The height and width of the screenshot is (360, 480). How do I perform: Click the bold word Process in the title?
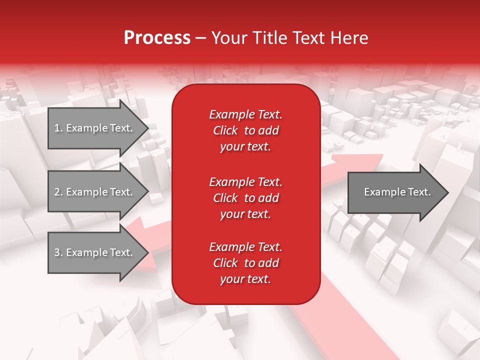[157, 38]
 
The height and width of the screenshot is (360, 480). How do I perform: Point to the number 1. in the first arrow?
[58, 128]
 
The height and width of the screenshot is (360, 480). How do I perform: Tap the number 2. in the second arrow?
[58, 192]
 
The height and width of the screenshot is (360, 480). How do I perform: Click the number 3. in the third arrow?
[58, 252]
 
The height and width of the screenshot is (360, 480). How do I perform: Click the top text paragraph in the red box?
[245, 130]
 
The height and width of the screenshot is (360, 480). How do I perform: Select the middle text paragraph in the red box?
[245, 198]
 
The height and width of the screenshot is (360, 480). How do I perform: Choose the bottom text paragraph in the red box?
[245, 263]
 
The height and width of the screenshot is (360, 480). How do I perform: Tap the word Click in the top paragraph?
[225, 130]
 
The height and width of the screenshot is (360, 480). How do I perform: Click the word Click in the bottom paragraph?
[225, 263]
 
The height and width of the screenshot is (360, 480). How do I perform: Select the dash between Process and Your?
[201, 38]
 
